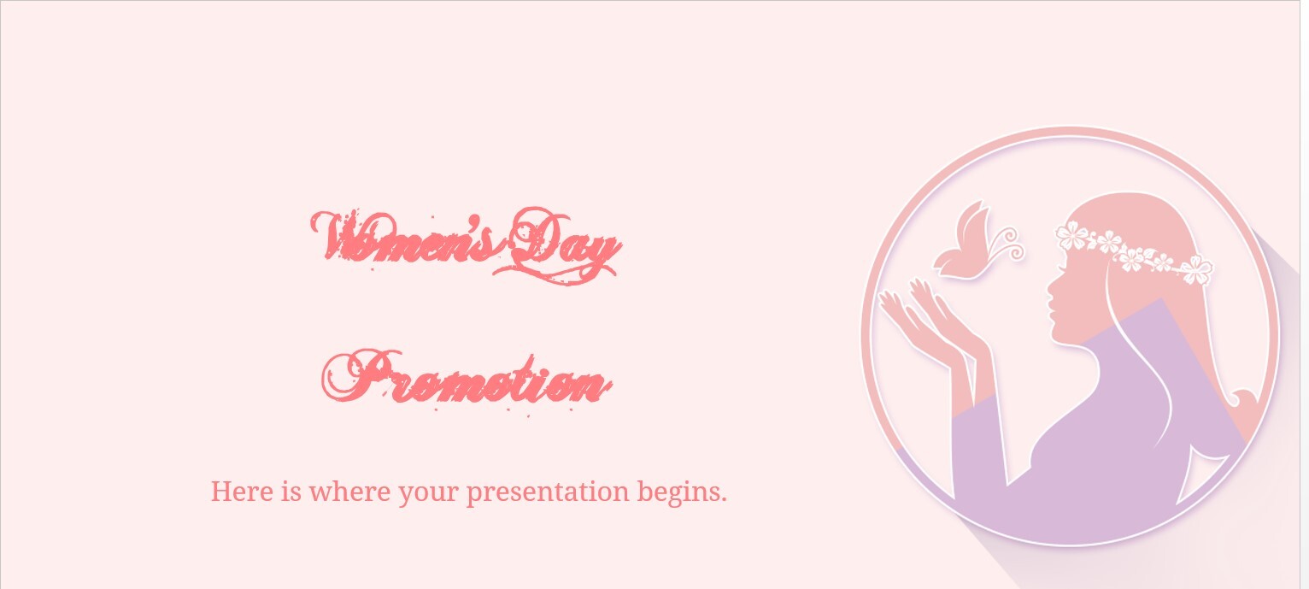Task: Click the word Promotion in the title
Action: (467, 379)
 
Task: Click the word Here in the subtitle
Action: (242, 491)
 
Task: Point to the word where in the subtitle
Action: (349, 491)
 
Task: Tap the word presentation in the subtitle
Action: (548, 493)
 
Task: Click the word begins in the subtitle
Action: (682, 493)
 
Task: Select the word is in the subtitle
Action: (291, 491)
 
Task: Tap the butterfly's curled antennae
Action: (1009, 245)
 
